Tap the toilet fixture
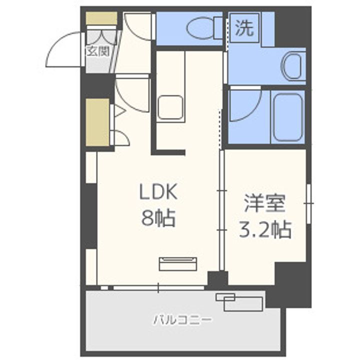(x=200, y=29)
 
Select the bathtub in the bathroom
(x=287, y=117)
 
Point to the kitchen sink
(x=170, y=106)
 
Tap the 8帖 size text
(x=158, y=218)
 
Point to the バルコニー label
(x=182, y=319)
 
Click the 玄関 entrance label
(x=98, y=51)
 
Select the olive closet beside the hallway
(x=97, y=122)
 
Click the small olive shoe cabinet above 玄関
(x=101, y=18)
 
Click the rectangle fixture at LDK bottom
(x=178, y=263)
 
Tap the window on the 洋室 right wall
(x=309, y=203)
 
